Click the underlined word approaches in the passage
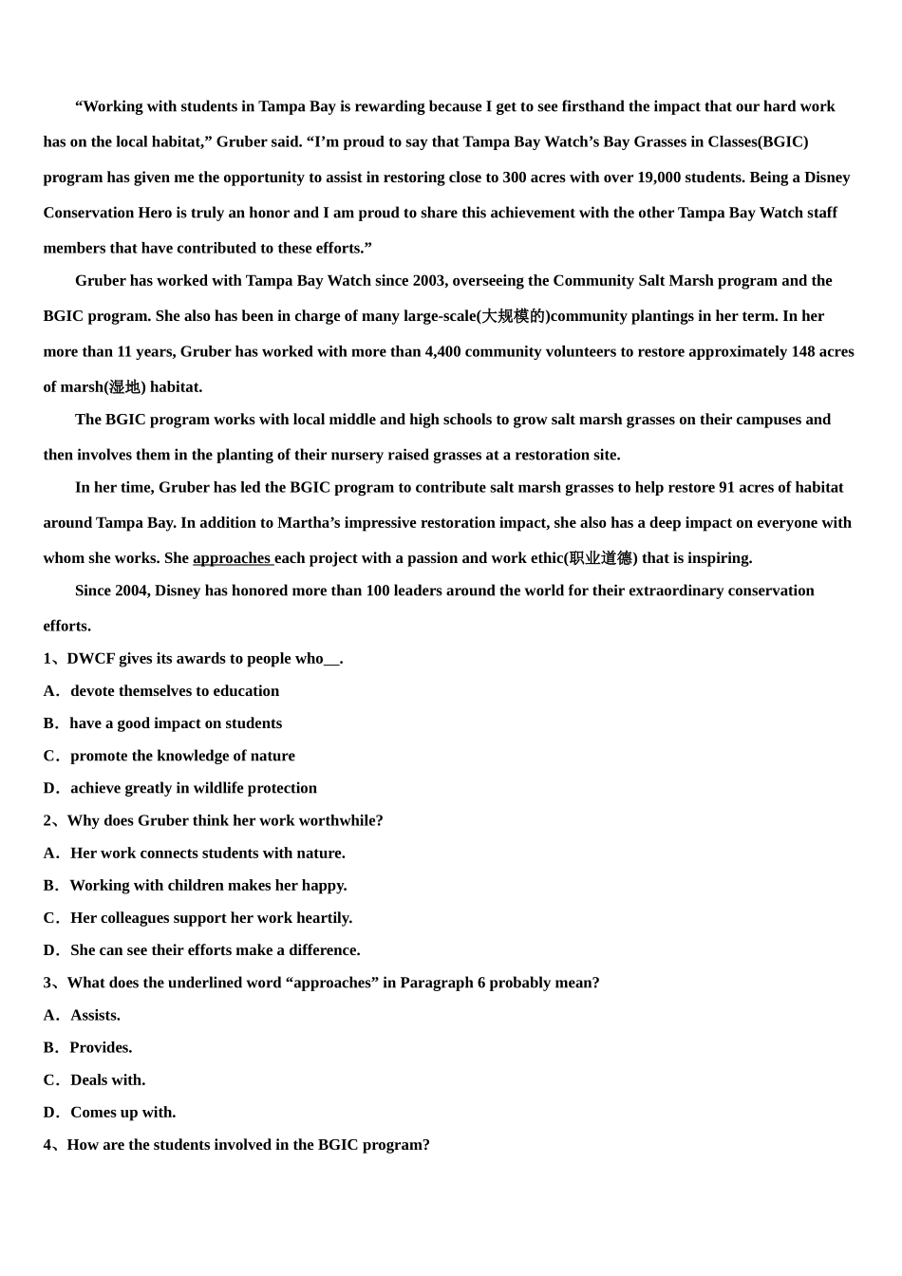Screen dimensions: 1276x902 tap(232, 558)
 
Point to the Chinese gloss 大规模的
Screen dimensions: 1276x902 tap(513, 316)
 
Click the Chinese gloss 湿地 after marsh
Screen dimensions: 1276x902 tap(124, 387)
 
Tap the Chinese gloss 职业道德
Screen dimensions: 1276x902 tap(601, 558)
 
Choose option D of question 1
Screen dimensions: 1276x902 tap(193, 788)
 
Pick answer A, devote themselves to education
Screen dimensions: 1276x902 tap(174, 691)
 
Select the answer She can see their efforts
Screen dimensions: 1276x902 tap(215, 950)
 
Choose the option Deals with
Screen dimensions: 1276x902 tap(107, 1080)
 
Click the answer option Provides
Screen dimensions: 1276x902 tap(101, 1048)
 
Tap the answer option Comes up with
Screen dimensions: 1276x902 tap(122, 1113)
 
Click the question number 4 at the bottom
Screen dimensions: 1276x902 tap(47, 1145)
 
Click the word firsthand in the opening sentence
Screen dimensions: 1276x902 tap(593, 106)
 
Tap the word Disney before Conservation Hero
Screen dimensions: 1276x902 tap(827, 178)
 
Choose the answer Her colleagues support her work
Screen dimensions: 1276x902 tap(211, 918)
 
